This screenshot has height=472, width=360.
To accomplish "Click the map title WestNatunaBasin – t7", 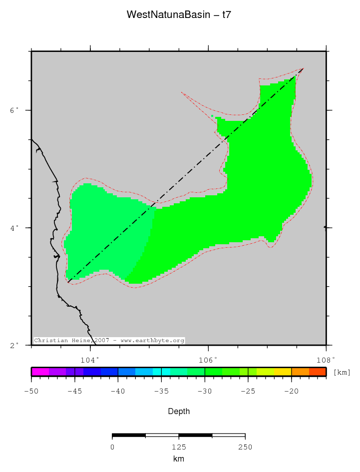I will [x=179, y=14].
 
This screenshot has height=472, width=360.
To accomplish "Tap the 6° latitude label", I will [x=15, y=110].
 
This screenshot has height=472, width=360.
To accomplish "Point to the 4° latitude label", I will [x=15, y=228].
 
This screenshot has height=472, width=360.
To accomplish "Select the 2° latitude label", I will [x=15, y=345].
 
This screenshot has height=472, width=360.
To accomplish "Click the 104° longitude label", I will [x=90, y=360].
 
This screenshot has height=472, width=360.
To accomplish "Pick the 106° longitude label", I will [x=208, y=360].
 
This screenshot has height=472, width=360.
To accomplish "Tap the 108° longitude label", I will [x=326, y=360].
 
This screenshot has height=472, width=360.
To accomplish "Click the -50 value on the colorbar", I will [x=31, y=391].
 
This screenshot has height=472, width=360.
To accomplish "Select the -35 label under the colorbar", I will [x=161, y=391].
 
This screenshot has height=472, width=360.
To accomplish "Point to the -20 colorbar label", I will [x=291, y=391].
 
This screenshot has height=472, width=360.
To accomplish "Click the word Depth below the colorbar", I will [x=179, y=412].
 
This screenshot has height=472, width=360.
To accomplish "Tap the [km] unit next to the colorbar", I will [x=342, y=373].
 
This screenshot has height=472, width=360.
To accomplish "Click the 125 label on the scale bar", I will [x=179, y=447].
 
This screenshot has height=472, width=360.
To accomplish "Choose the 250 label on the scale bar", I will [x=245, y=447].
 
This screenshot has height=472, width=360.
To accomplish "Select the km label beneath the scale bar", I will [x=179, y=459].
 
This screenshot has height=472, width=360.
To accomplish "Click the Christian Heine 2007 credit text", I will [x=109, y=341].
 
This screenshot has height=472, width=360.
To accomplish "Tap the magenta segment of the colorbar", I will [x=40, y=372].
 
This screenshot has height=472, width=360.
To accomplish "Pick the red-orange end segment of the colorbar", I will [x=318, y=372].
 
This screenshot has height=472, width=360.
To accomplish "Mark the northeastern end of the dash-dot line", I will [x=303, y=68].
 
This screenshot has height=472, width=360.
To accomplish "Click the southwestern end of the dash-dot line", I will [x=68, y=283].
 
